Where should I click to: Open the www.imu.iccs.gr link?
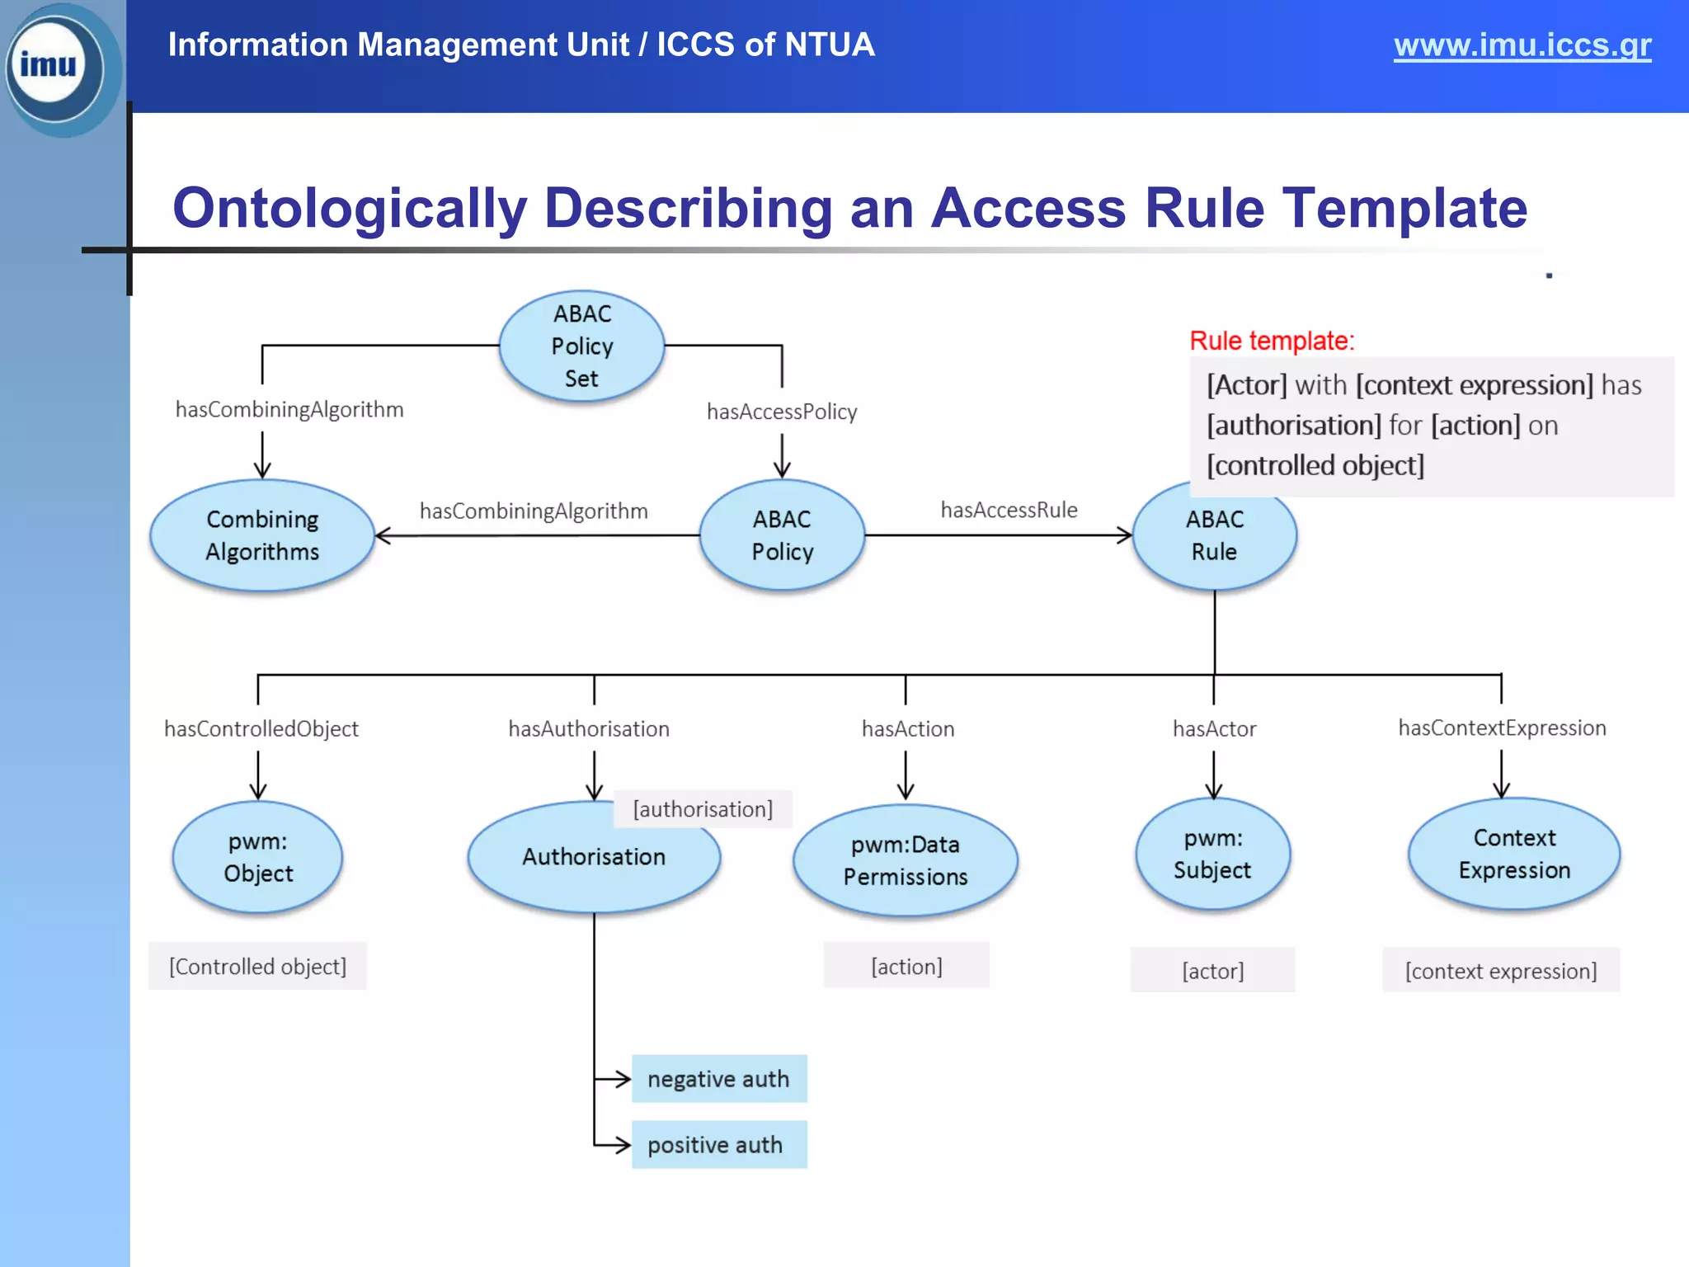[1522, 45]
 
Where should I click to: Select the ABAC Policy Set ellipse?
[581, 346]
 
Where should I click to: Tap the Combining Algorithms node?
[262, 535]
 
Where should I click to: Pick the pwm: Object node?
[258, 857]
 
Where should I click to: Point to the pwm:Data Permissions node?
[906, 860]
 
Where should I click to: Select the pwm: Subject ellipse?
[1212, 854]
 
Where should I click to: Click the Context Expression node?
[1514, 854]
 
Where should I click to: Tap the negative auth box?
[719, 1079]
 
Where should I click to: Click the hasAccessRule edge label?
[1009, 511]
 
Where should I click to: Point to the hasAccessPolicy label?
[782, 412]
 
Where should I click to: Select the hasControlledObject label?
[261, 729]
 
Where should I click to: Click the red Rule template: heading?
[1272, 341]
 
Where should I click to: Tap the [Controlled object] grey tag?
[257, 966]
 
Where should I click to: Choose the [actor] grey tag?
[1212, 971]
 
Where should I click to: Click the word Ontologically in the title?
[350, 208]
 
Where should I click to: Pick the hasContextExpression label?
[1502, 728]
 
